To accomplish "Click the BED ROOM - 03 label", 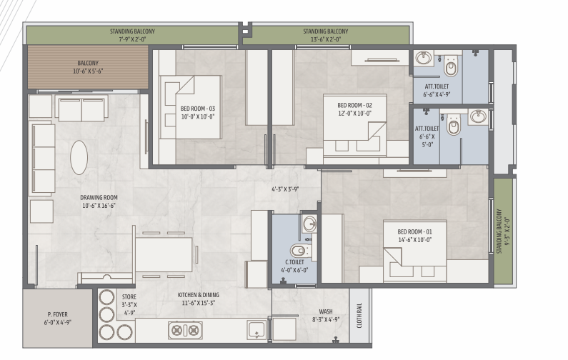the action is (198, 109).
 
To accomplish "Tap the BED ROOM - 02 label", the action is (354, 106).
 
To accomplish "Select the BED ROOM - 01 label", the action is (415, 232).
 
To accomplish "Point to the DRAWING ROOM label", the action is (99, 198).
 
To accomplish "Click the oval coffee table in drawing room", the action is (79, 158).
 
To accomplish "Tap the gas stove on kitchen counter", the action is (185, 330).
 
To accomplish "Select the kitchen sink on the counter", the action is (256, 329).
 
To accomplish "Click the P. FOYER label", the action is (58, 314).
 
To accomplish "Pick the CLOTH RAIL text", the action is (359, 316).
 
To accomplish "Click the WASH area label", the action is (326, 311).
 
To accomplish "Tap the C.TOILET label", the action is (294, 262).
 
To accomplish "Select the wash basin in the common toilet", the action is (310, 224).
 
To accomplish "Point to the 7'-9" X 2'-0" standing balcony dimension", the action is (132, 39).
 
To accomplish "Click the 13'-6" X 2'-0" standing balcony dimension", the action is (326, 39).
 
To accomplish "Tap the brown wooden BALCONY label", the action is (88, 63).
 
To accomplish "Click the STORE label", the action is (129, 297).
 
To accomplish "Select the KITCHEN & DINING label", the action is (198, 295).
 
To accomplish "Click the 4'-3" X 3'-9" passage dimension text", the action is (286, 189).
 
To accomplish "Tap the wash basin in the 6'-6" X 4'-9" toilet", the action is (424, 58).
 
